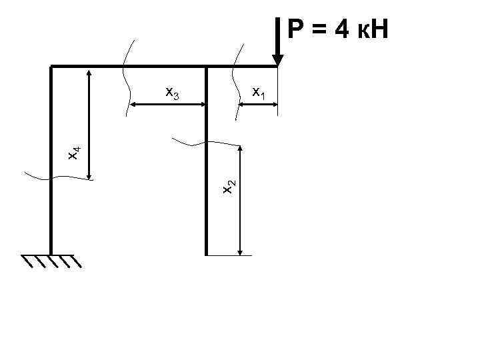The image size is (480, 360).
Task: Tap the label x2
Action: (228, 187)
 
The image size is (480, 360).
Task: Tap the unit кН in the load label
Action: (375, 29)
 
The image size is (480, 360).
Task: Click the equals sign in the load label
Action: (323, 30)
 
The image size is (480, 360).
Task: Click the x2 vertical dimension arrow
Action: (241, 200)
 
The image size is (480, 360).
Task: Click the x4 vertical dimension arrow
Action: (89, 124)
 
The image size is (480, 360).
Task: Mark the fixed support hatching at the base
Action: (51, 261)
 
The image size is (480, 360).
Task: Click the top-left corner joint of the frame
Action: (51, 67)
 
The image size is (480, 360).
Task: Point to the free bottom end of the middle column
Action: (207, 253)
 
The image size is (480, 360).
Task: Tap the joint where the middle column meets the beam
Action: (207, 67)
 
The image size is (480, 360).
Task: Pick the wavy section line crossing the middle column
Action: (207, 143)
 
